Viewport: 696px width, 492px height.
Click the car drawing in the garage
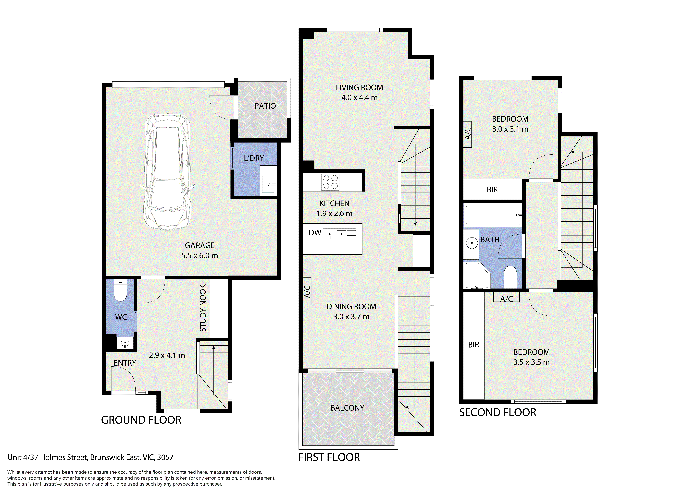click(x=167, y=172)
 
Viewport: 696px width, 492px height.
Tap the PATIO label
click(x=265, y=106)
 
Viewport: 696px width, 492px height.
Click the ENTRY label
click(x=125, y=363)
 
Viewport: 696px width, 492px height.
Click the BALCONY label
click(x=347, y=408)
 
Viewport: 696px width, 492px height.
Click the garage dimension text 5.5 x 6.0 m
click(x=200, y=256)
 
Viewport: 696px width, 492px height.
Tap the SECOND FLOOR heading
click(x=497, y=413)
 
